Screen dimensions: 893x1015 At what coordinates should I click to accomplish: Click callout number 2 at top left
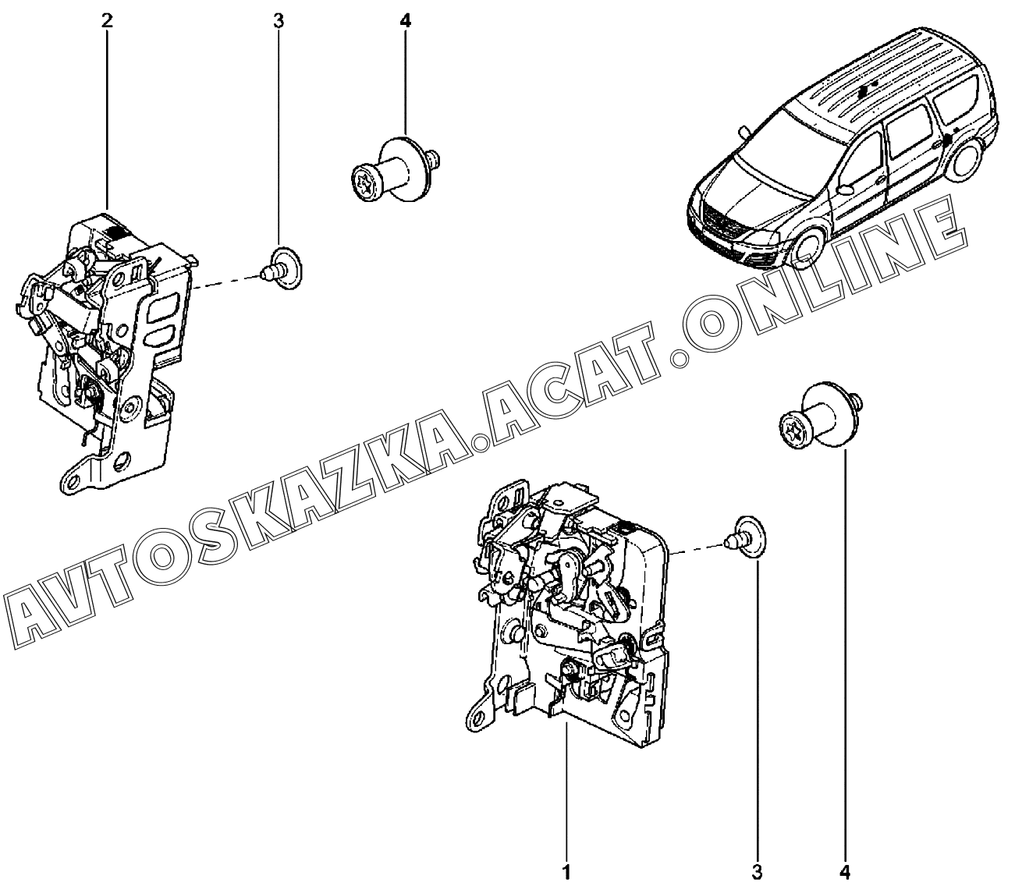point(106,21)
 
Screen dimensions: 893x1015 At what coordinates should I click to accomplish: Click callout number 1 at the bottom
point(567,871)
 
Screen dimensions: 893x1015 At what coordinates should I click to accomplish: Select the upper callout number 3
point(279,21)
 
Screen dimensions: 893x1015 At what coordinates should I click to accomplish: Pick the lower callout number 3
point(756,871)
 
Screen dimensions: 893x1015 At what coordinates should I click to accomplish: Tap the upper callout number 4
point(404,21)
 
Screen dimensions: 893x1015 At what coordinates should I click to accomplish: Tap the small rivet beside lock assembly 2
point(281,268)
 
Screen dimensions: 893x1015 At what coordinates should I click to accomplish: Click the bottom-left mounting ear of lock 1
point(477,714)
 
